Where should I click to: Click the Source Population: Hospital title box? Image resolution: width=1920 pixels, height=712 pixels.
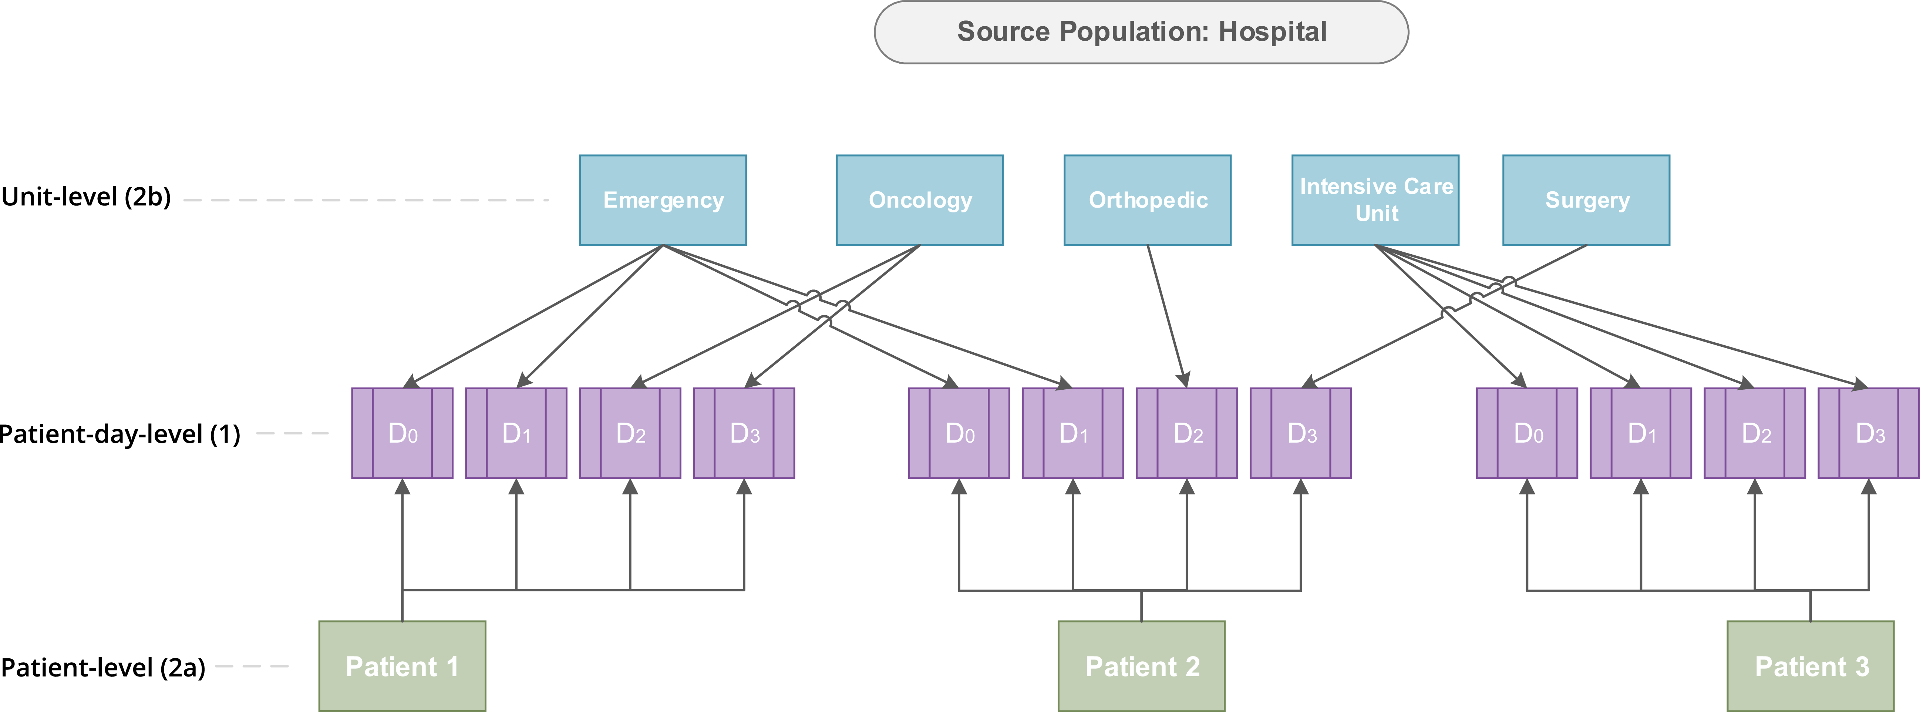coord(1141,32)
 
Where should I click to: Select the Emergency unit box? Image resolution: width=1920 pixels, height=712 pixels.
coord(663,200)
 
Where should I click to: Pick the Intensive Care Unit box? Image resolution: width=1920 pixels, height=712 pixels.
coord(1375,200)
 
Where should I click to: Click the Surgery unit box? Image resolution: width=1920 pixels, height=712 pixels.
coord(1586,200)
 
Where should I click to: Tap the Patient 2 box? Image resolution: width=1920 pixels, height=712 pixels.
coord(1141,666)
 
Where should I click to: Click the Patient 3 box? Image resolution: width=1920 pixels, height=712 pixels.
coord(1810,666)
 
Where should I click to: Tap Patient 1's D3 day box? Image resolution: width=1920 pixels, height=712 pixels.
coord(744,433)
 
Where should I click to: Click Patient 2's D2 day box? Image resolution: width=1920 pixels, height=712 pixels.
coord(1186,433)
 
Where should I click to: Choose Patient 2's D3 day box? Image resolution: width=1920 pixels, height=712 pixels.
coord(1301,433)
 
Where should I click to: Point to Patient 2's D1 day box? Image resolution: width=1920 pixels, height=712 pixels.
coord(1072,433)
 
